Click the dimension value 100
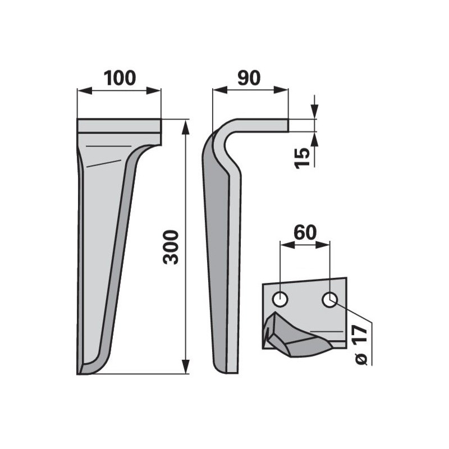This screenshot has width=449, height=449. [120, 78]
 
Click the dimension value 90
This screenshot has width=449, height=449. [249, 78]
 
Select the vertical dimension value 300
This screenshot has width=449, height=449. [171, 246]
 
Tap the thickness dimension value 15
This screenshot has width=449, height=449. [303, 158]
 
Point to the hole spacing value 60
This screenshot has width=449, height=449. [305, 232]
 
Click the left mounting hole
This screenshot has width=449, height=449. [280, 300]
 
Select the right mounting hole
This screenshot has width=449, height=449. [329, 300]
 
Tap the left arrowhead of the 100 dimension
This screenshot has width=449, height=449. [85, 91]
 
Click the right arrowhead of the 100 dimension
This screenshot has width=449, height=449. [153, 91]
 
